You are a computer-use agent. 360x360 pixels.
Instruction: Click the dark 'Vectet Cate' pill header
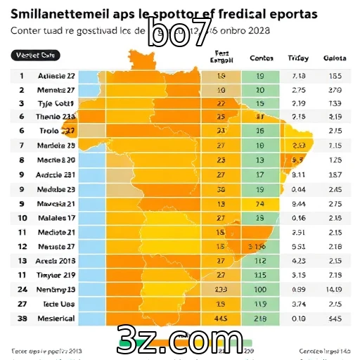(x=36, y=55)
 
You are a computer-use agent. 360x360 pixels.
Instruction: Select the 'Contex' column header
(x=262, y=58)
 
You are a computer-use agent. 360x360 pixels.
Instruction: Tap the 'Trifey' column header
(x=298, y=58)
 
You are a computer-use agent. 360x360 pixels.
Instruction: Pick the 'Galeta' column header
(x=334, y=58)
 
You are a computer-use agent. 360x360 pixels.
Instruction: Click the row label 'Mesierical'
(x=56, y=319)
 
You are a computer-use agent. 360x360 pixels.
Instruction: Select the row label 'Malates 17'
(x=56, y=218)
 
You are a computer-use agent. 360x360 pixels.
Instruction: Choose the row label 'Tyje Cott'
(x=56, y=103)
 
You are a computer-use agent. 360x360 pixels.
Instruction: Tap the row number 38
(x=22, y=319)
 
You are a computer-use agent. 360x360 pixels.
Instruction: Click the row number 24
(x=22, y=289)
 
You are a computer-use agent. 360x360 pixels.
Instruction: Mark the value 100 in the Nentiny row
(x=260, y=289)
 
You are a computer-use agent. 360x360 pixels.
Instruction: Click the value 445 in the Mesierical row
(x=220, y=319)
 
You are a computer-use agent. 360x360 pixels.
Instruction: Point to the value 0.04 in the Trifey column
(x=298, y=190)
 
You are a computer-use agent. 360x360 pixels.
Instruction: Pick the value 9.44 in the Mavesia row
(x=298, y=204)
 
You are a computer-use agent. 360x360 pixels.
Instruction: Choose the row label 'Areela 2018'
(x=57, y=261)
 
